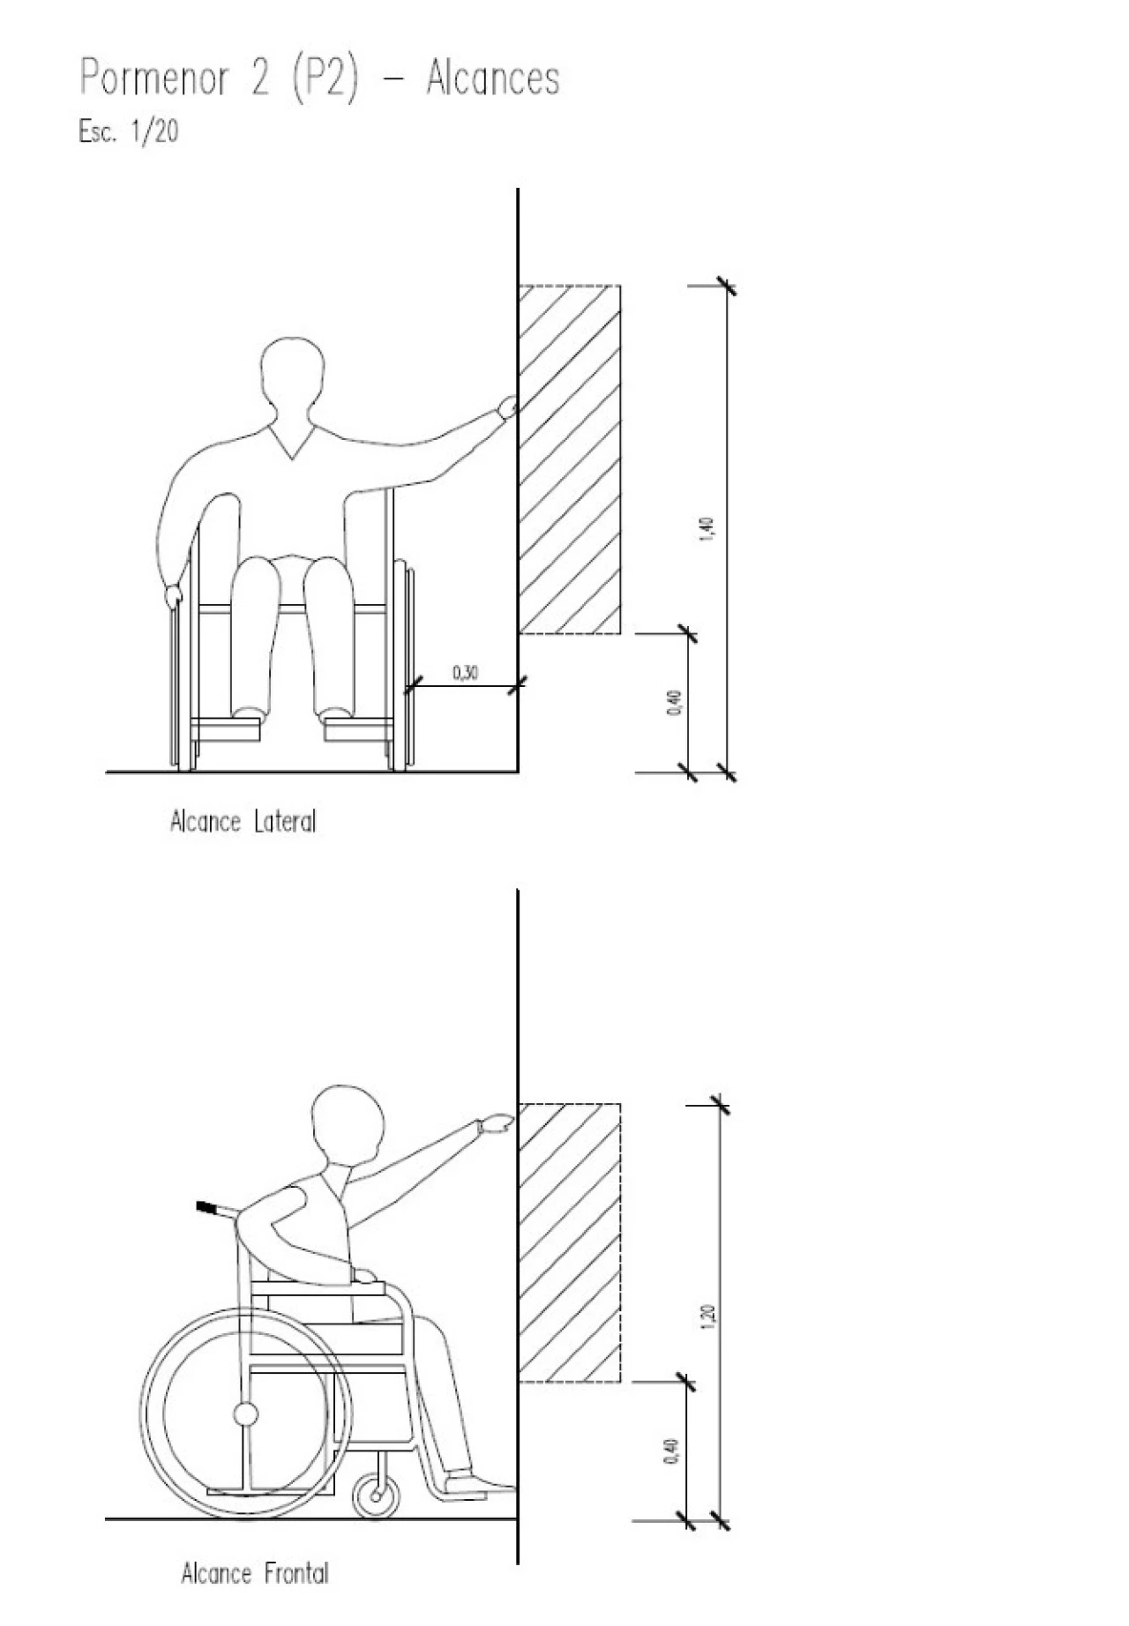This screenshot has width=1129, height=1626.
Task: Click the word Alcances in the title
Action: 492,78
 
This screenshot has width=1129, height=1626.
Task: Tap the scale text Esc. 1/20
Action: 129,131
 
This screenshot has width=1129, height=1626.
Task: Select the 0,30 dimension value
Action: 466,674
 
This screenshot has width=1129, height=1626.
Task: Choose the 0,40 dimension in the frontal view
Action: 674,1451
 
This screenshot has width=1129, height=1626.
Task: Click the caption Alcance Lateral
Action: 243,822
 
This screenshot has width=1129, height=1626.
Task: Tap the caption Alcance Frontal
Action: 254,1574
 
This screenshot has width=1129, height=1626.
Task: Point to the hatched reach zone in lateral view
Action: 570,459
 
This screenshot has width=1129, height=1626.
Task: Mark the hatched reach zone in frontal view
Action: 570,1242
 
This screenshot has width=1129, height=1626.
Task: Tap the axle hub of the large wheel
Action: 245,1414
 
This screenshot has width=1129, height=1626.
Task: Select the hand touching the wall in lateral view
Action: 507,406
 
